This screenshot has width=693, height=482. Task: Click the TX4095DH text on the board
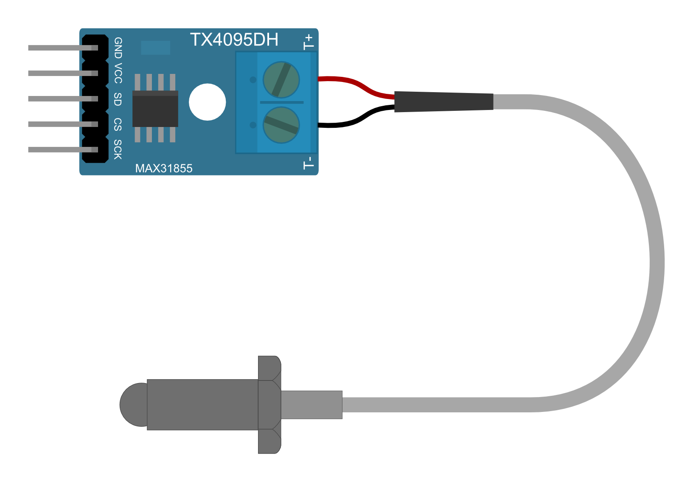point(234,40)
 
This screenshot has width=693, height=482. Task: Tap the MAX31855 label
point(164,169)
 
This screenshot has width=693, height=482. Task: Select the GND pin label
point(118,48)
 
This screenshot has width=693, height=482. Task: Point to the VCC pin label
point(118,73)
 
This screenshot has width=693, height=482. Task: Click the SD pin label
point(118,99)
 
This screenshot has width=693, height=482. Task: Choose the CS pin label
point(118,124)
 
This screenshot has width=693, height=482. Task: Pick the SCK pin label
point(118,149)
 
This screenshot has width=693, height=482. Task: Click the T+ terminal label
point(309,42)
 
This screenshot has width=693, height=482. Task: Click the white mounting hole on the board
point(207,102)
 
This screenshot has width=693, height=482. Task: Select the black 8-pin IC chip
point(155,108)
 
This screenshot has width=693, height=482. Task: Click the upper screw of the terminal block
point(281,80)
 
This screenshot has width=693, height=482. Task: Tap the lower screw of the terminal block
point(281,125)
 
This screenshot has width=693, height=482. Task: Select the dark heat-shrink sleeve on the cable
point(443,101)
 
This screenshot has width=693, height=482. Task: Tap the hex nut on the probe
point(269,404)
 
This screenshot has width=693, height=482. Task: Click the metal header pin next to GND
point(59,48)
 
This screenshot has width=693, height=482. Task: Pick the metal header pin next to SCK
point(59,149)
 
